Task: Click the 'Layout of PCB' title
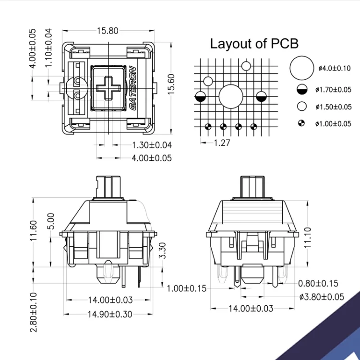click(254, 44)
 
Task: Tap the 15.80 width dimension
click(108, 31)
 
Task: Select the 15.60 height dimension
click(171, 84)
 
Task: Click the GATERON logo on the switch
click(132, 88)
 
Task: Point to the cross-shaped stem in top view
click(108, 88)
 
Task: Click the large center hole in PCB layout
click(231, 96)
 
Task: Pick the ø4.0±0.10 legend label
click(335, 68)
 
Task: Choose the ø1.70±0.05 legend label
click(333, 90)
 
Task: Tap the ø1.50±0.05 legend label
click(334, 107)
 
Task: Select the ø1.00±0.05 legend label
click(333, 124)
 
